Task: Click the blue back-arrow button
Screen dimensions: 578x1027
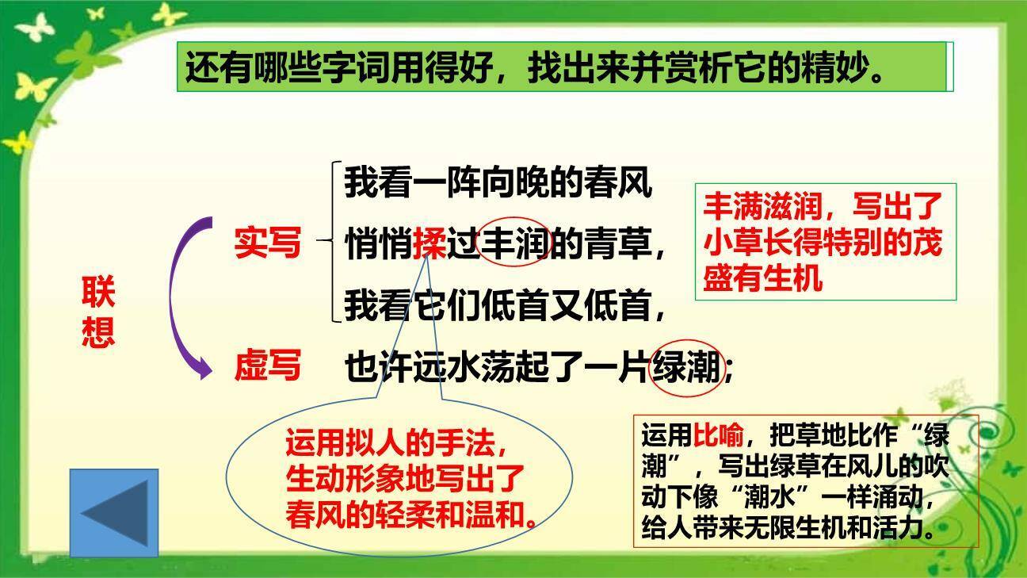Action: [114, 512]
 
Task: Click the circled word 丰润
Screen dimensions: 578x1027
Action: [515, 243]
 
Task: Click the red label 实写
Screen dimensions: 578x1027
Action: [267, 243]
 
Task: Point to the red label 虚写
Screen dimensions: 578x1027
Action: [267, 366]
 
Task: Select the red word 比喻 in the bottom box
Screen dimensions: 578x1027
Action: [719, 435]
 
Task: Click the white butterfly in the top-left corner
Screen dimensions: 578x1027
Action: [33, 25]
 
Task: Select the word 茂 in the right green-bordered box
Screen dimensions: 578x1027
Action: [925, 243]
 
